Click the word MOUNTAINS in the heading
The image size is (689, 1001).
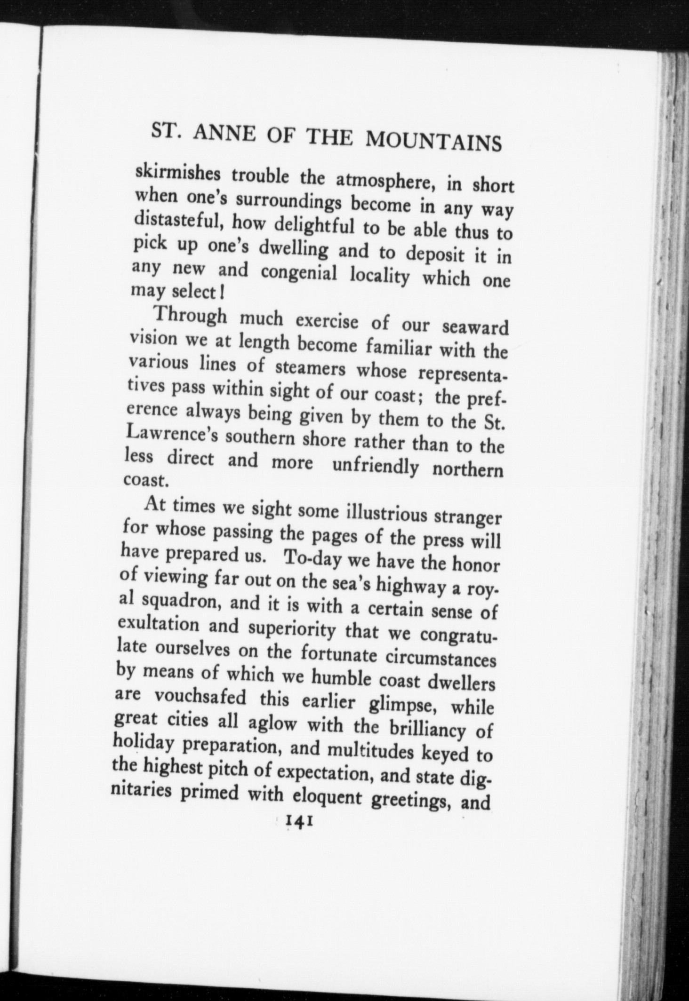[x=433, y=140]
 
